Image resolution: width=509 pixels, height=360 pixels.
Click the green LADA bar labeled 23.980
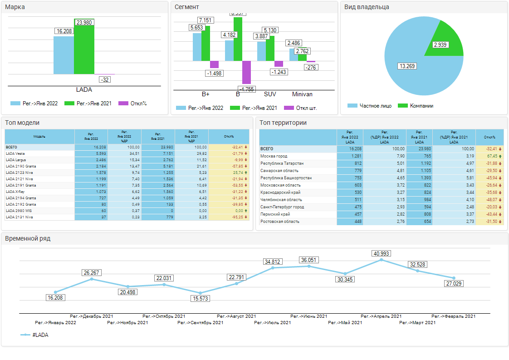tap(84, 50)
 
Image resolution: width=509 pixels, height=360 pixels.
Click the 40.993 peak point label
tap(381, 253)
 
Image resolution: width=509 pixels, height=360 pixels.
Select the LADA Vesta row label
tap(15, 153)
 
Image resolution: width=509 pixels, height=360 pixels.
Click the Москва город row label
tap(274, 156)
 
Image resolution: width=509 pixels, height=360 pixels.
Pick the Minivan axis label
tap(302, 94)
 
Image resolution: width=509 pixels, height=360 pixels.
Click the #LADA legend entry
tap(40, 335)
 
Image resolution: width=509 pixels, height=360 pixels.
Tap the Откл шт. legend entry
tap(306, 108)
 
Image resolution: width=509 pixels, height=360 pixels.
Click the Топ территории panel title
tap(284, 123)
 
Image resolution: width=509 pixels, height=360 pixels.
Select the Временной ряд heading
tap(28, 238)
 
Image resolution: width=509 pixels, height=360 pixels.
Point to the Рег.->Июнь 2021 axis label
tap(309, 316)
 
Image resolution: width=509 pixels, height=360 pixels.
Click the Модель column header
tap(39, 136)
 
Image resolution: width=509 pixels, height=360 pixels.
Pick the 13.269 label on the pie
tap(407, 66)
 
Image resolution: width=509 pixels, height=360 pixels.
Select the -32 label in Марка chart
tap(105, 79)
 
